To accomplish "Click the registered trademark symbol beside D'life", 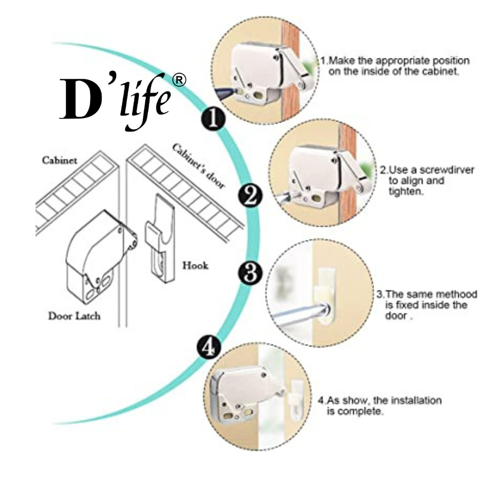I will click(x=178, y=81).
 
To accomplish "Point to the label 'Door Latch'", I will click(x=74, y=316).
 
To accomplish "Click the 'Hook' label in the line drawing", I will click(x=195, y=265).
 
